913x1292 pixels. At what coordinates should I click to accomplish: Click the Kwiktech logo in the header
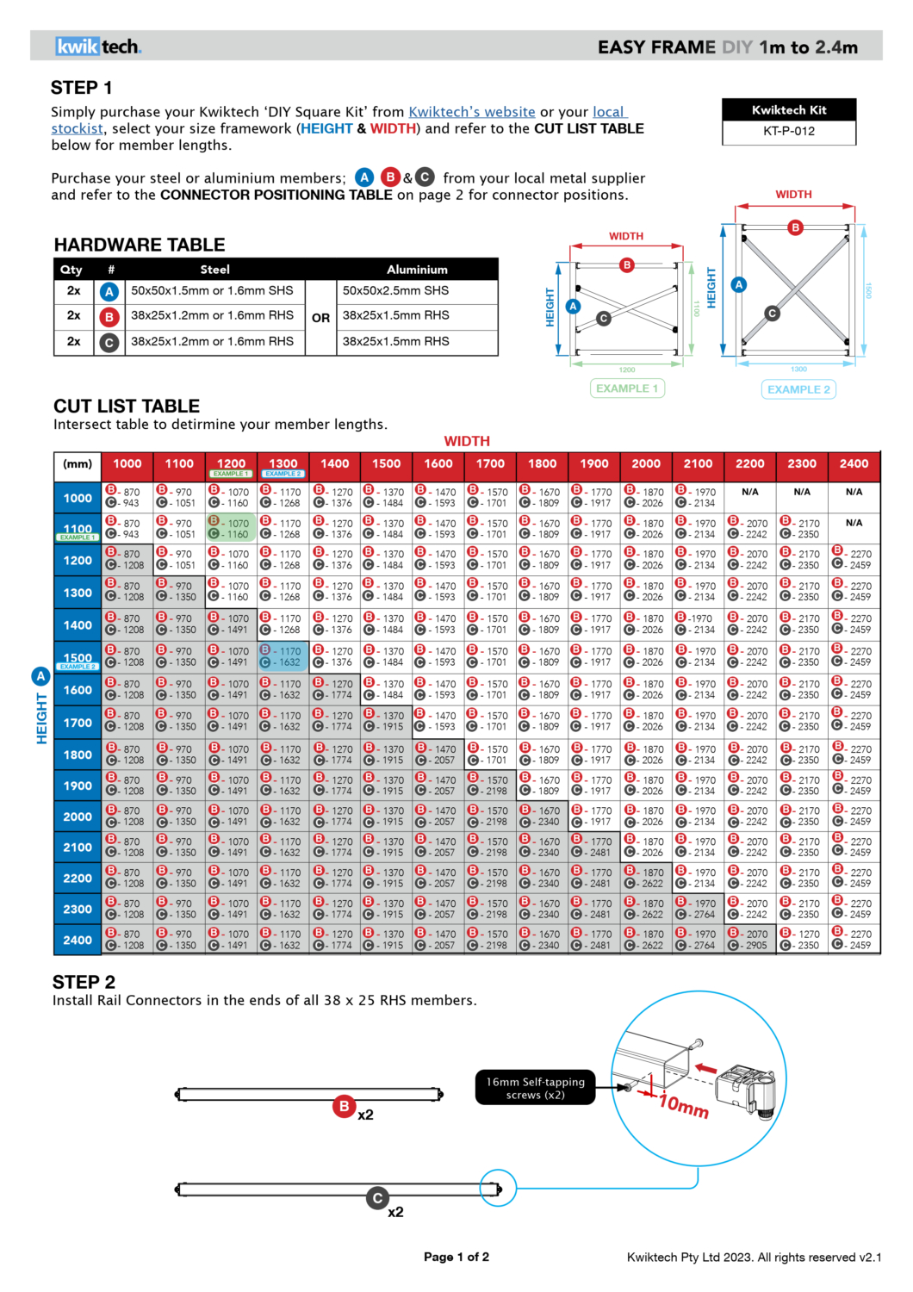pyautogui.click(x=98, y=47)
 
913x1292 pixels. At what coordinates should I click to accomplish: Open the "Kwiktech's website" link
pyautogui.click(x=472, y=112)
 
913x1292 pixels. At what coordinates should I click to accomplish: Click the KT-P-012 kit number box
pyautogui.click(x=789, y=132)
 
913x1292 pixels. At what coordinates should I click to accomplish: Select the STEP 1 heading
pyautogui.click(x=82, y=88)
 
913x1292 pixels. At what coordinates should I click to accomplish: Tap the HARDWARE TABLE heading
pyautogui.click(x=140, y=245)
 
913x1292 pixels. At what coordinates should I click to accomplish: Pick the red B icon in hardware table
pyautogui.click(x=109, y=317)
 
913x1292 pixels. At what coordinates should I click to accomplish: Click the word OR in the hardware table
pyautogui.click(x=321, y=318)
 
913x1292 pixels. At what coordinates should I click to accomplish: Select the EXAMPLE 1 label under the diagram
pyautogui.click(x=627, y=388)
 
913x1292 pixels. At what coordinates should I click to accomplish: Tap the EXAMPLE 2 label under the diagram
pyautogui.click(x=799, y=389)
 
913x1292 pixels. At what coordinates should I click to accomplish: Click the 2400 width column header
pyautogui.click(x=854, y=463)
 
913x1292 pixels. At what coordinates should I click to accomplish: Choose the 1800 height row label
pyautogui.click(x=78, y=755)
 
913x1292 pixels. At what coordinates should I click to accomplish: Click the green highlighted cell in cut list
pyautogui.click(x=231, y=528)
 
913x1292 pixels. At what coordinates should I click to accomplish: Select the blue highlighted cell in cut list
pyautogui.click(x=283, y=656)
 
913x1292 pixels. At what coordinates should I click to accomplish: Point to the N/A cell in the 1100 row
pyautogui.click(x=854, y=523)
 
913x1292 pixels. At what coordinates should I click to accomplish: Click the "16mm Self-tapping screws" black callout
pyautogui.click(x=535, y=1088)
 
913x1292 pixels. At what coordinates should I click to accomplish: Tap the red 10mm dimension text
pyautogui.click(x=684, y=1104)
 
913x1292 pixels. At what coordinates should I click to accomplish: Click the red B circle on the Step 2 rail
pyautogui.click(x=345, y=1106)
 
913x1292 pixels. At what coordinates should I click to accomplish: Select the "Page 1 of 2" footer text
pyautogui.click(x=456, y=1257)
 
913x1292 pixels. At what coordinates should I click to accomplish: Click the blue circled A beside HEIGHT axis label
pyautogui.click(x=40, y=676)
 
